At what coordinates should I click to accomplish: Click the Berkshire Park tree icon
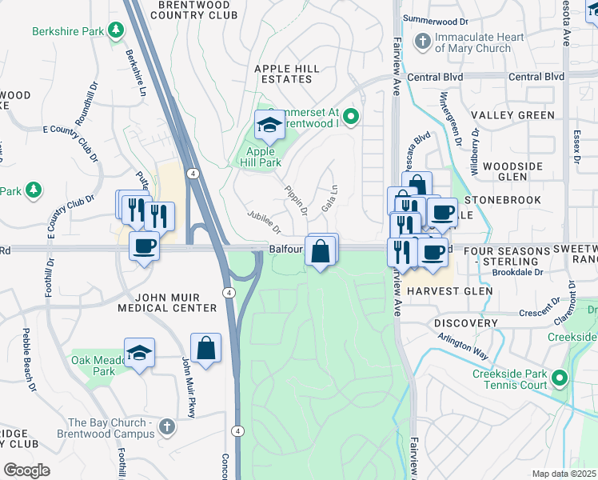click(117, 30)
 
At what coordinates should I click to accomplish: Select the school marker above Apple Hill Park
click(269, 126)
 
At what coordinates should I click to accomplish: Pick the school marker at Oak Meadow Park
click(139, 353)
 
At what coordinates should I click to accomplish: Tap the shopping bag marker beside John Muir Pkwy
click(205, 348)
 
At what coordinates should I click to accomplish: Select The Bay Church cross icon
click(166, 426)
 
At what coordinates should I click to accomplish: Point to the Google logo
click(27, 470)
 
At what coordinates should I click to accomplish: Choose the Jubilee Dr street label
click(265, 220)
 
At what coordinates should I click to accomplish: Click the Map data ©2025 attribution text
click(564, 474)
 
